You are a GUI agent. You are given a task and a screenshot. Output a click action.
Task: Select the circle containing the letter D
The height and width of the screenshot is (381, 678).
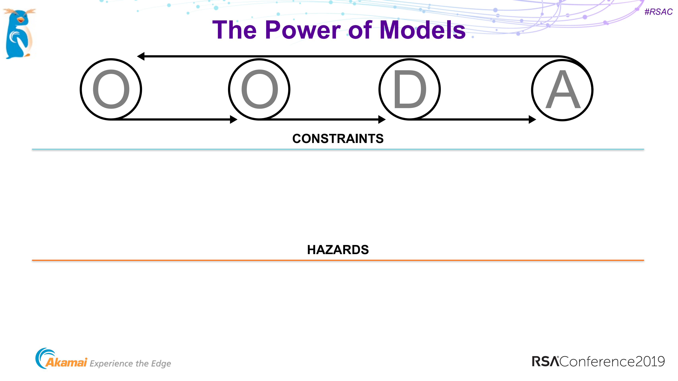coord(410,90)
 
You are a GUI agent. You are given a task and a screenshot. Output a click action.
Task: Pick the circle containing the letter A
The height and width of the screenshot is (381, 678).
coord(562,90)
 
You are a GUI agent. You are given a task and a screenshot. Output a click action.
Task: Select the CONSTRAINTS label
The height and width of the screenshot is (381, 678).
coord(338,139)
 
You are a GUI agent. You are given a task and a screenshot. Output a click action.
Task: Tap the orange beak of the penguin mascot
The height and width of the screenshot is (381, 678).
coord(20,20)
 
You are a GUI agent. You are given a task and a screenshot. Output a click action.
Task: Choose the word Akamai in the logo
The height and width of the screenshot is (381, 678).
coord(66,363)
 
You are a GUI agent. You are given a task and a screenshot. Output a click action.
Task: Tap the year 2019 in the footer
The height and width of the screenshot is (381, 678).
coord(650,362)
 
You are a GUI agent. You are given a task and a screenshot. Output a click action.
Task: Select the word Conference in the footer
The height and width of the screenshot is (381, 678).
coord(597,362)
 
